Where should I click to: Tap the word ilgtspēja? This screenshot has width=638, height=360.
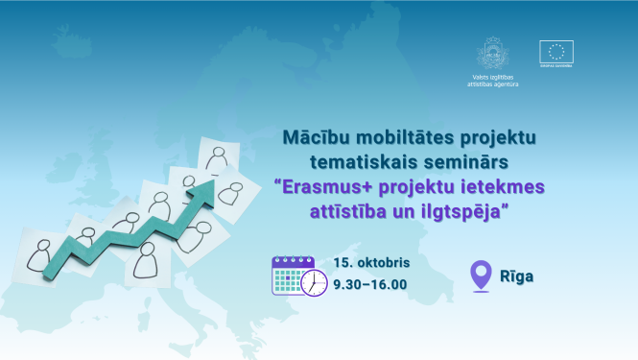pyautogui.click(x=461, y=210)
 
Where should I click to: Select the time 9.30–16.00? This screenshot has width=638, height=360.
pyautogui.click(x=370, y=284)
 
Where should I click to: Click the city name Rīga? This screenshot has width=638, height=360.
pyautogui.click(x=516, y=276)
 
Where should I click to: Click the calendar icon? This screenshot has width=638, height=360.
pyautogui.click(x=292, y=274)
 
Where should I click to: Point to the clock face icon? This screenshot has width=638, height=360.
pyautogui.click(x=314, y=283)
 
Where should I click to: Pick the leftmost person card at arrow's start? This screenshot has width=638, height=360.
pyautogui.click(x=41, y=253)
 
